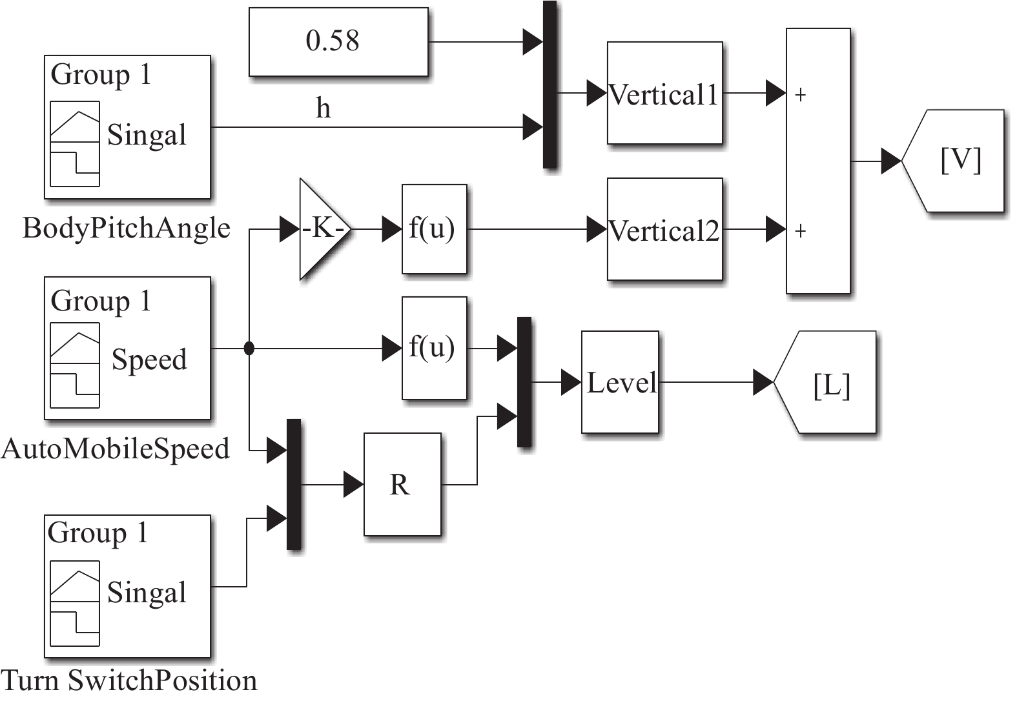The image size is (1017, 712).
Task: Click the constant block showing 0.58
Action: tap(338, 41)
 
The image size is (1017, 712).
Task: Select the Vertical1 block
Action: tap(664, 93)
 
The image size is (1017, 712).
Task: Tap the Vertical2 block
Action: tap(664, 229)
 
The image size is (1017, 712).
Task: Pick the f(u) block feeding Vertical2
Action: tap(434, 229)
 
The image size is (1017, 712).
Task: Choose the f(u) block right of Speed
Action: tap(434, 348)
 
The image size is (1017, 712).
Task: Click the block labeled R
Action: tap(402, 484)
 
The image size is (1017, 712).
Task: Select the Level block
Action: tap(620, 382)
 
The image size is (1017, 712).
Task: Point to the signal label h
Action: tap(324, 108)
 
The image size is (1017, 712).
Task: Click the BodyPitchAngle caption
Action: tap(127, 228)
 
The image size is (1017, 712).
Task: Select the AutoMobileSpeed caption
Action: tap(116, 449)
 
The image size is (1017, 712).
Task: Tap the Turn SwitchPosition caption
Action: tap(129, 680)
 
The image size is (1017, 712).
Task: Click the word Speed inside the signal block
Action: tap(149, 360)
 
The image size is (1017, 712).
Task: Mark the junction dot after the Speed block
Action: tap(249, 349)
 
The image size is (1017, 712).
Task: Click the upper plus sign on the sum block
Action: tap(801, 95)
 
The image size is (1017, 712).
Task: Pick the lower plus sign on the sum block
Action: tap(801, 230)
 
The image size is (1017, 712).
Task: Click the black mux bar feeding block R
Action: tap(294, 484)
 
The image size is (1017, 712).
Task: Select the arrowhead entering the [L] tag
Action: tap(763, 382)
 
